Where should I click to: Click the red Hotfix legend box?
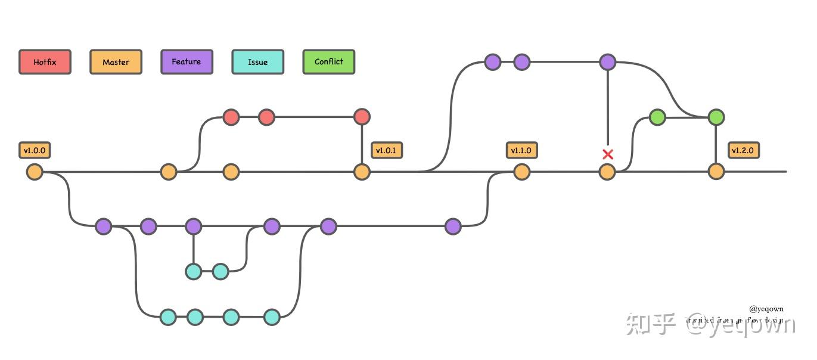click(x=45, y=62)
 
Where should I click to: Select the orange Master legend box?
click(x=116, y=62)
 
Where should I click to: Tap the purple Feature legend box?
click(x=187, y=62)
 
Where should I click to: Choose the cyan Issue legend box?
click(x=257, y=62)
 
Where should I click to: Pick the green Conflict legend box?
click(x=328, y=62)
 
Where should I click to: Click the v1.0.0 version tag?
click(x=35, y=150)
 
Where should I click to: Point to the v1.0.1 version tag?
click(x=387, y=150)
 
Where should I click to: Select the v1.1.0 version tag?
click(x=521, y=150)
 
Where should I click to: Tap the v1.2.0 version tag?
click(x=743, y=150)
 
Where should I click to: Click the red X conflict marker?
click(x=607, y=154)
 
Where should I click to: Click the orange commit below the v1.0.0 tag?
click(x=35, y=172)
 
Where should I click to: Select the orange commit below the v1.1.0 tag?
click(x=521, y=172)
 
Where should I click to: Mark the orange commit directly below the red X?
click(x=607, y=172)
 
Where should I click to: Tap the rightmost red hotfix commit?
click(x=362, y=117)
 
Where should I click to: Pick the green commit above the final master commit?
click(x=716, y=117)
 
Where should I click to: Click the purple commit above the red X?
click(x=607, y=61)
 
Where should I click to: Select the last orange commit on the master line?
click(x=716, y=172)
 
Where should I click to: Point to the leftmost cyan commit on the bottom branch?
click(x=168, y=317)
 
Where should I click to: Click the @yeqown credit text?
click(x=766, y=309)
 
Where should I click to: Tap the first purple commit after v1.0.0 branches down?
click(x=104, y=226)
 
